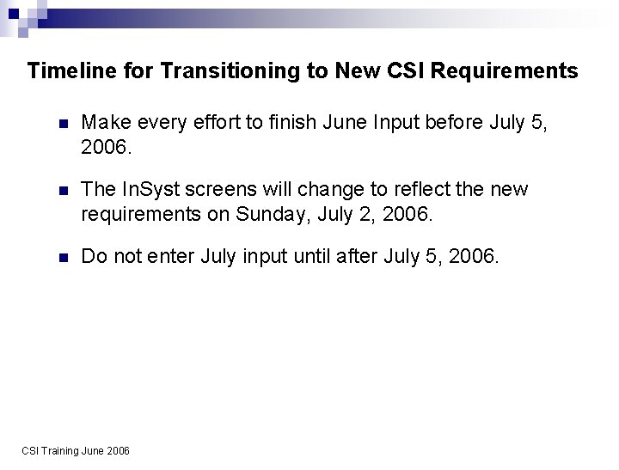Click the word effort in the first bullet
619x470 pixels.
(212, 123)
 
